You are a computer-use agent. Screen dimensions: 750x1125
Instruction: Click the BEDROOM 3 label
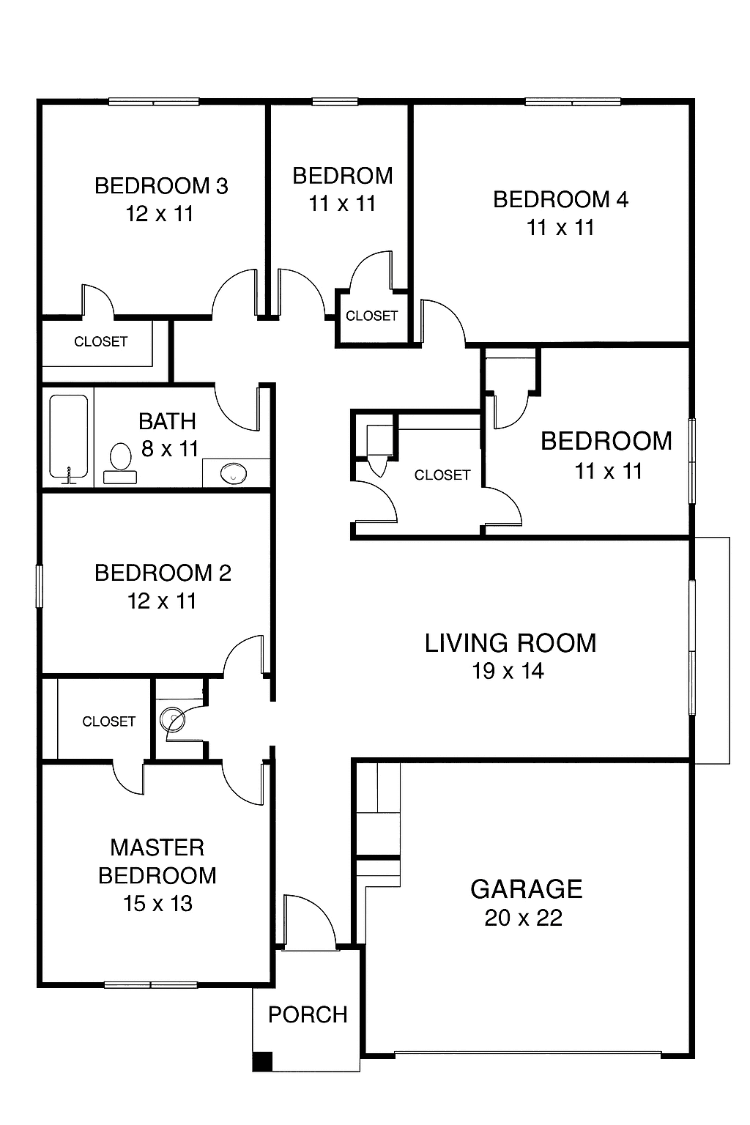click(x=161, y=186)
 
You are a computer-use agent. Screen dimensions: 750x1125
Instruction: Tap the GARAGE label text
click(x=527, y=889)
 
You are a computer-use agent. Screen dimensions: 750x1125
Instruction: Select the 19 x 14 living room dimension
click(x=508, y=671)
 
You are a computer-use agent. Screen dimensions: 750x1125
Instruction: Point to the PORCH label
click(x=308, y=1014)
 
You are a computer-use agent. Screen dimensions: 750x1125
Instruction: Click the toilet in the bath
click(x=120, y=463)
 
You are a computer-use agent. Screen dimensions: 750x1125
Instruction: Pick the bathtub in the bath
click(x=69, y=437)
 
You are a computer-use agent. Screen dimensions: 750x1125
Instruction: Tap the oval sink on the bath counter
click(x=234, y=473)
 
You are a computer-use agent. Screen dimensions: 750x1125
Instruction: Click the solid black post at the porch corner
click(x=261, y=1062)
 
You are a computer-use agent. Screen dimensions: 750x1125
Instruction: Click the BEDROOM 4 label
click(x=560, y=199)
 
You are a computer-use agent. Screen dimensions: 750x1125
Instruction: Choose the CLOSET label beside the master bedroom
click(x=109, y=721)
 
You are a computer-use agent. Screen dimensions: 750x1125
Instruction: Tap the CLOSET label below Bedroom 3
click(x=101, y=341)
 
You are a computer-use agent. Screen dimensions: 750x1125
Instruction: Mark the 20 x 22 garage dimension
click(x=524, y=918)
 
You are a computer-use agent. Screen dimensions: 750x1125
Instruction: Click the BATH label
click(x=167, y=421)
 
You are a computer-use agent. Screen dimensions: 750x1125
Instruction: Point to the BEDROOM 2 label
click(x=163, y=573)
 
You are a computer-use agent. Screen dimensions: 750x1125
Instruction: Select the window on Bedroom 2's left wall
click(x=39, y=586)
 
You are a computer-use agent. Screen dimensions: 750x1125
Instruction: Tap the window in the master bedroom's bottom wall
click(x=151, y=985)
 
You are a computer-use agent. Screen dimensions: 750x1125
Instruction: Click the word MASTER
click(x=157, y=847)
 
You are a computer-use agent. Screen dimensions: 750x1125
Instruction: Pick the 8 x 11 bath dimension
click(x=170, y=448)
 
